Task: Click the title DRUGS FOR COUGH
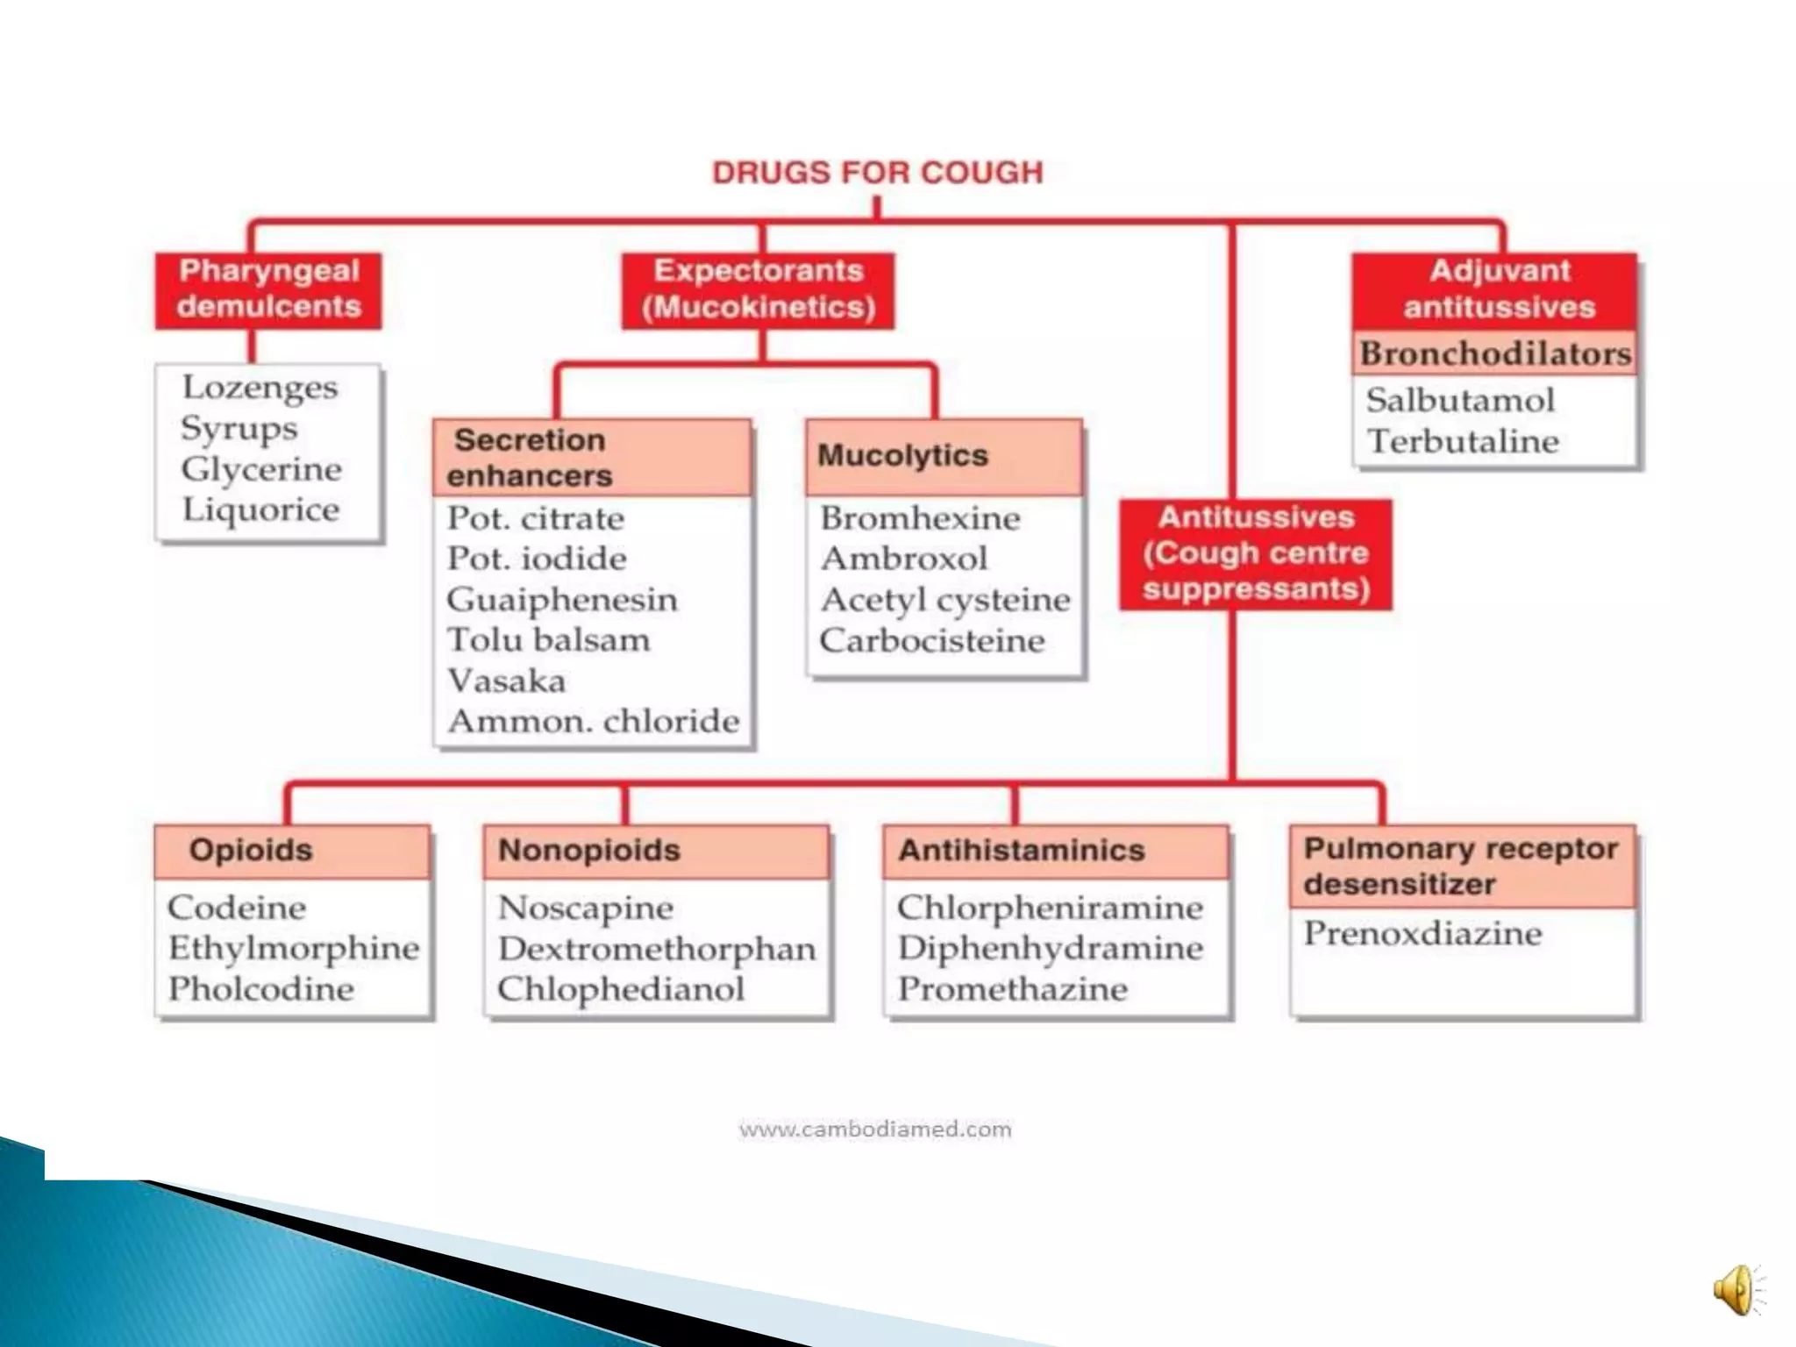coord(877,173)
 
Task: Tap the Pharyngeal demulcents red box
coord(268,289)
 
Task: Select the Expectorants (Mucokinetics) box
coord(759,289)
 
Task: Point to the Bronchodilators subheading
coord(1495,353)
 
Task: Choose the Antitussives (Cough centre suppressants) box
coord(1256,553)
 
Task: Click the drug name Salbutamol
coord(1460,401)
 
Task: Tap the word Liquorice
coord(260,510)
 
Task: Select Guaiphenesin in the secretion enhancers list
coord(562,600)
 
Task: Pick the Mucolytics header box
coord(944,456)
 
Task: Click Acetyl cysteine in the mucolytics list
coord(945,600)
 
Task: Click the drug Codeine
coord(237,908)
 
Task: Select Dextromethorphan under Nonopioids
coord(657,949)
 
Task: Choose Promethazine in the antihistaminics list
coord(1012,989)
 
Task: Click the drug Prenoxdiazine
coord(1422,933)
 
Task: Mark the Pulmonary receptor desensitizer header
coord(1462,866)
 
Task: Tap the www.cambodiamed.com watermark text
coord(875,1129)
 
